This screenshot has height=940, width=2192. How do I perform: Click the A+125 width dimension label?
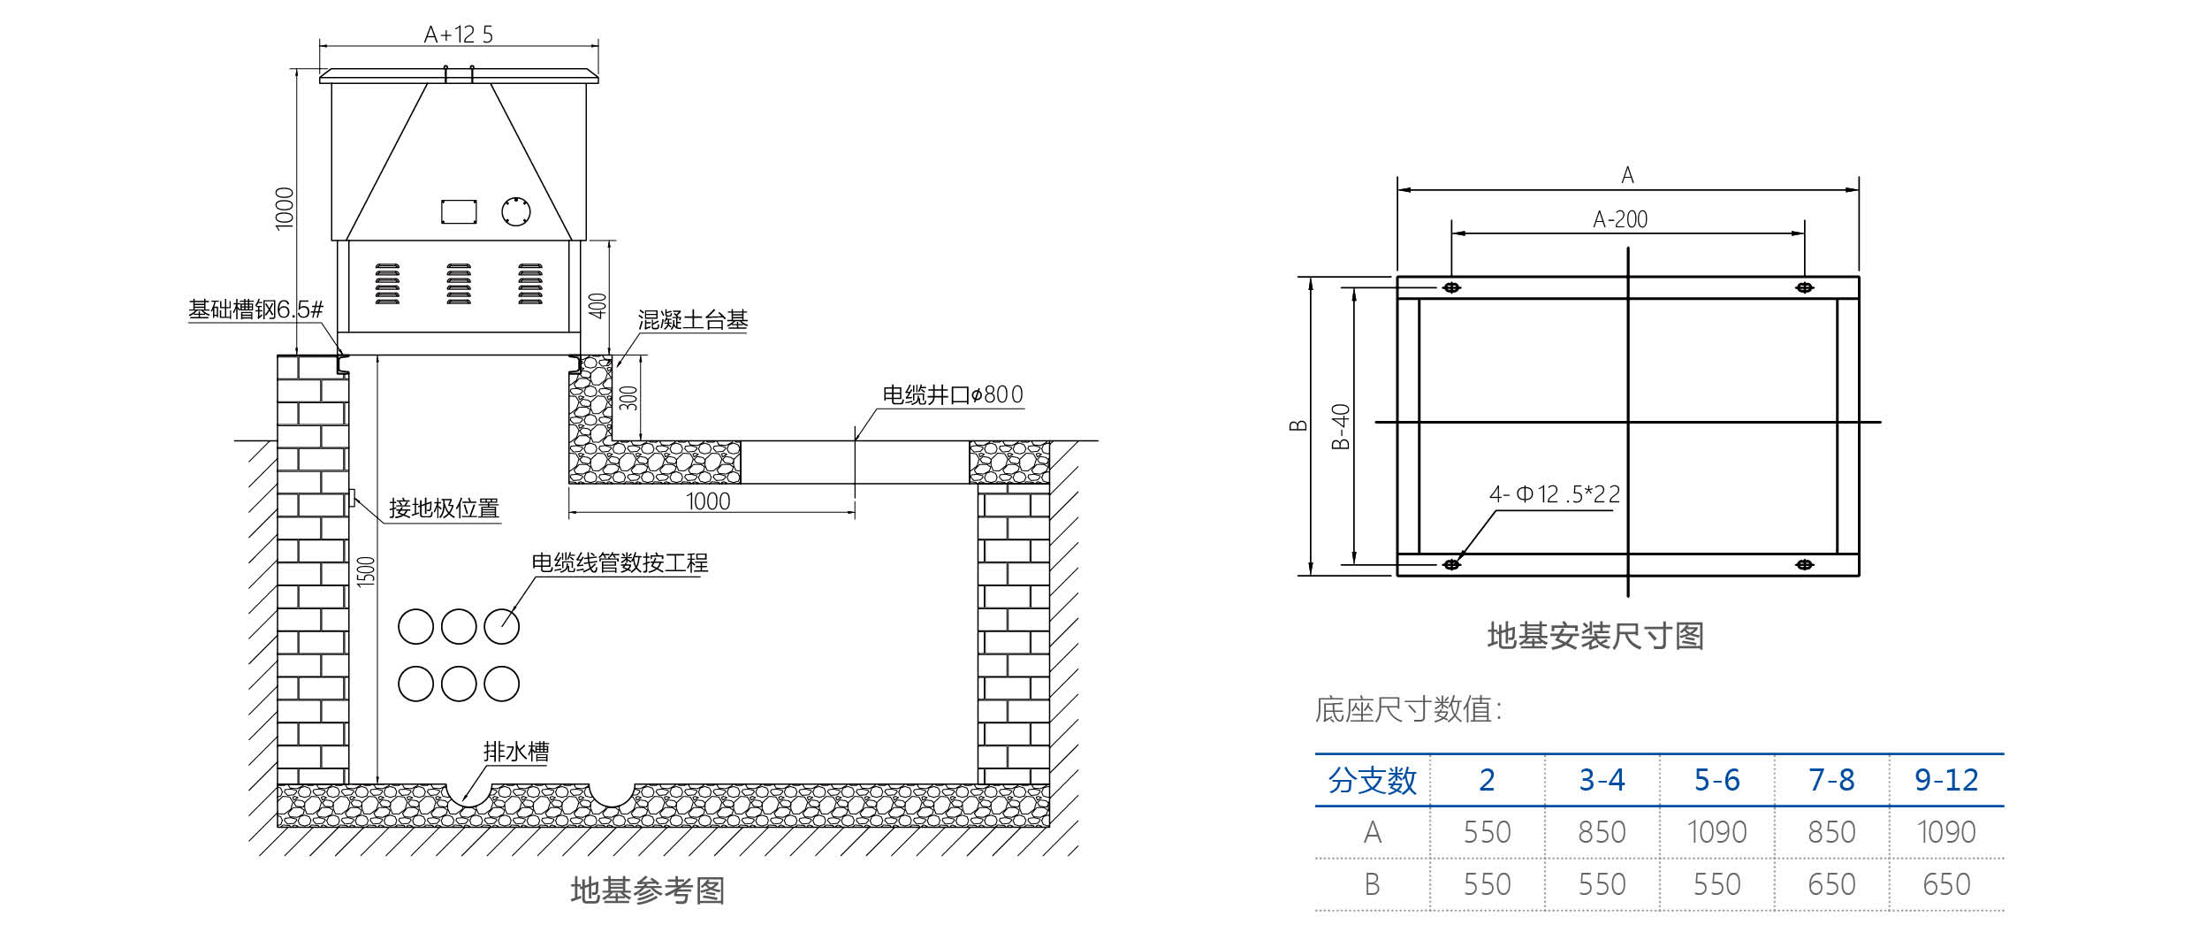coord(458,34)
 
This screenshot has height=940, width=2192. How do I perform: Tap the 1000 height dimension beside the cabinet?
coord(285,209)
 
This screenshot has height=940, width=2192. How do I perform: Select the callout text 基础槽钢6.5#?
coord(255,310)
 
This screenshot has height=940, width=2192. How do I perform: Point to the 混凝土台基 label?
coord(693,320)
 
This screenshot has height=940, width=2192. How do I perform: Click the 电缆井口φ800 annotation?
coord(953,394)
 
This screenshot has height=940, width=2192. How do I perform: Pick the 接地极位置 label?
coord(444,508)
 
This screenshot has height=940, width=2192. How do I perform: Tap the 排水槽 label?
coord(516,752)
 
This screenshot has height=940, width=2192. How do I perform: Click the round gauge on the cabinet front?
coord(515,211)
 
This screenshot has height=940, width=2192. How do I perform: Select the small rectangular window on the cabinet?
coord(459,211)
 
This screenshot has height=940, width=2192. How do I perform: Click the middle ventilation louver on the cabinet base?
coord(459,284)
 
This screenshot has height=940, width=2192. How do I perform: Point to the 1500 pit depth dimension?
coord(366,571)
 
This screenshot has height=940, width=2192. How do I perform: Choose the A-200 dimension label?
coord(1620,219)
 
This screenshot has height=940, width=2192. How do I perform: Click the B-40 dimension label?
coord(1341,426)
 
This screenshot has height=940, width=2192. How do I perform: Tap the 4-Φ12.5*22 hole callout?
coord(1555,494)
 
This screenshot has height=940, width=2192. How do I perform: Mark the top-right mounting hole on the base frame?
coord(1804,287)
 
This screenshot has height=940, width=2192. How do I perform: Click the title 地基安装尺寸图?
coord(1595,636)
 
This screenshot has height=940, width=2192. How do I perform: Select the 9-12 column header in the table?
coord(1946,780)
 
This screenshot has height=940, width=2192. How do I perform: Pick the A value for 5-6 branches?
coord(1716,832)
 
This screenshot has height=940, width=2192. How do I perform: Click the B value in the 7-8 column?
coord(1831,884)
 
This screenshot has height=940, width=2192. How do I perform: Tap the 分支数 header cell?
coord(1372,780)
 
